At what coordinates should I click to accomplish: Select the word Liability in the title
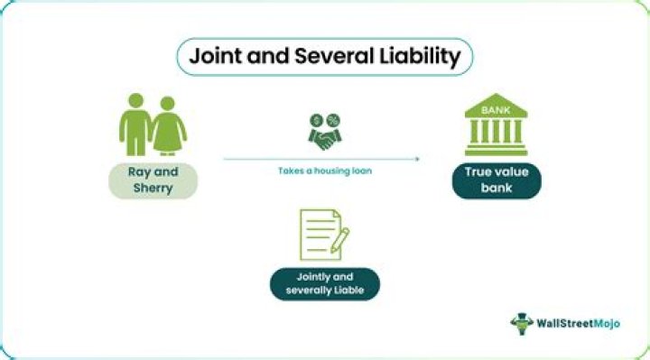(417, 56)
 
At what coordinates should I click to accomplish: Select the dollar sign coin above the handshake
(315, 117)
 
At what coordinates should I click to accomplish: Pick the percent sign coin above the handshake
(332, 117)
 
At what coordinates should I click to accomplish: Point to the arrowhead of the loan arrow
(417, 159)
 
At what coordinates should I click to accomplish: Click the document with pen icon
(321, 235)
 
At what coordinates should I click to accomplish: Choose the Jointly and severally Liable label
(324, 283)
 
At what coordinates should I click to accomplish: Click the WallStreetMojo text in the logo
(579, 323)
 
